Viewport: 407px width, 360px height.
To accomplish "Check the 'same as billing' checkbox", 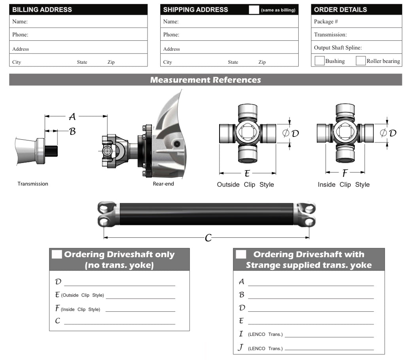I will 254,9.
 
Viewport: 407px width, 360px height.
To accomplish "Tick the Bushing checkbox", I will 320,61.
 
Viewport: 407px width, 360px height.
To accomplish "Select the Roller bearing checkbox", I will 360,61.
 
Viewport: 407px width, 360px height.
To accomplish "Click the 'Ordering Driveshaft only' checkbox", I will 57,254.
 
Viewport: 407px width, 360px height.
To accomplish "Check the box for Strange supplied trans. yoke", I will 241,254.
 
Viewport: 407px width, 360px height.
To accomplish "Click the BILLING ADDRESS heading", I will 42,9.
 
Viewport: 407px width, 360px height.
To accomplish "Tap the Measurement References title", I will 205,80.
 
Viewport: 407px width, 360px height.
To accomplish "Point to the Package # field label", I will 326,22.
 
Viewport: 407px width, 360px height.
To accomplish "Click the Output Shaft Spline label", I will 338,48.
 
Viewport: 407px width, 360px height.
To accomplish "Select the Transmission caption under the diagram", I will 33,184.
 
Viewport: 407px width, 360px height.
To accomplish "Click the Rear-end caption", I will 163,184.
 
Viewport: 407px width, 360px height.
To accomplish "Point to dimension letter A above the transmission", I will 72,117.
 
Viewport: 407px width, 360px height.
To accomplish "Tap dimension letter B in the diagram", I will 72,132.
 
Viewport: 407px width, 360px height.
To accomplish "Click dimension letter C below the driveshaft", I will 208,238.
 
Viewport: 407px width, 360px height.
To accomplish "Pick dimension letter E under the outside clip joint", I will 247,173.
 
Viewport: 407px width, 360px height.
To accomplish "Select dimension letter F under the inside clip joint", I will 345,173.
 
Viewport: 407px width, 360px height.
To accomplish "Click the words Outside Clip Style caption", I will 245,185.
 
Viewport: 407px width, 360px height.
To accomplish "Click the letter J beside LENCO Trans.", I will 240,348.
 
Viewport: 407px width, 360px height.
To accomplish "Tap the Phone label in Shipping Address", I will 171,35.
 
